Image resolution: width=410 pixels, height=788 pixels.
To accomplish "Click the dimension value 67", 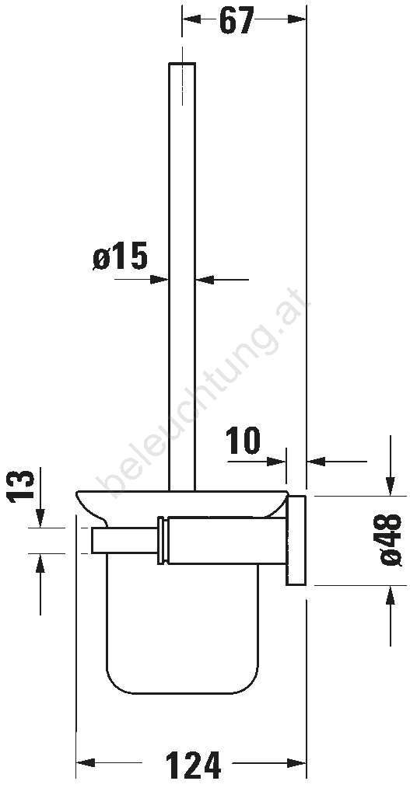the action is tap(236, 20).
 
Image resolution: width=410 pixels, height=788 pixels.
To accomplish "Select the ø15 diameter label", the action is tap(121, 256).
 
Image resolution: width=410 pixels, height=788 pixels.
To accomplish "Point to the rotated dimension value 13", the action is tap(21, 486).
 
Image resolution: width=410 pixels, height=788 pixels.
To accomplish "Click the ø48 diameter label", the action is tap(391, 540).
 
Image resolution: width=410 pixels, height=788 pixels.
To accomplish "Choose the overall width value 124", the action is tap(193, 765).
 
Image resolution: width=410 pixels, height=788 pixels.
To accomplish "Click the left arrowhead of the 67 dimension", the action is tap(191, 19).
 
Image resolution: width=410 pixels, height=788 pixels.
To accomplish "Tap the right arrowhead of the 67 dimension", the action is tap(297, 19).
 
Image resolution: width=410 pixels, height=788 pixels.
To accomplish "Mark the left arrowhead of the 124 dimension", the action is tap(86, 763).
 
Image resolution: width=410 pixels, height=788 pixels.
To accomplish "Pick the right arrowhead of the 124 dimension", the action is tap(297, 763).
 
